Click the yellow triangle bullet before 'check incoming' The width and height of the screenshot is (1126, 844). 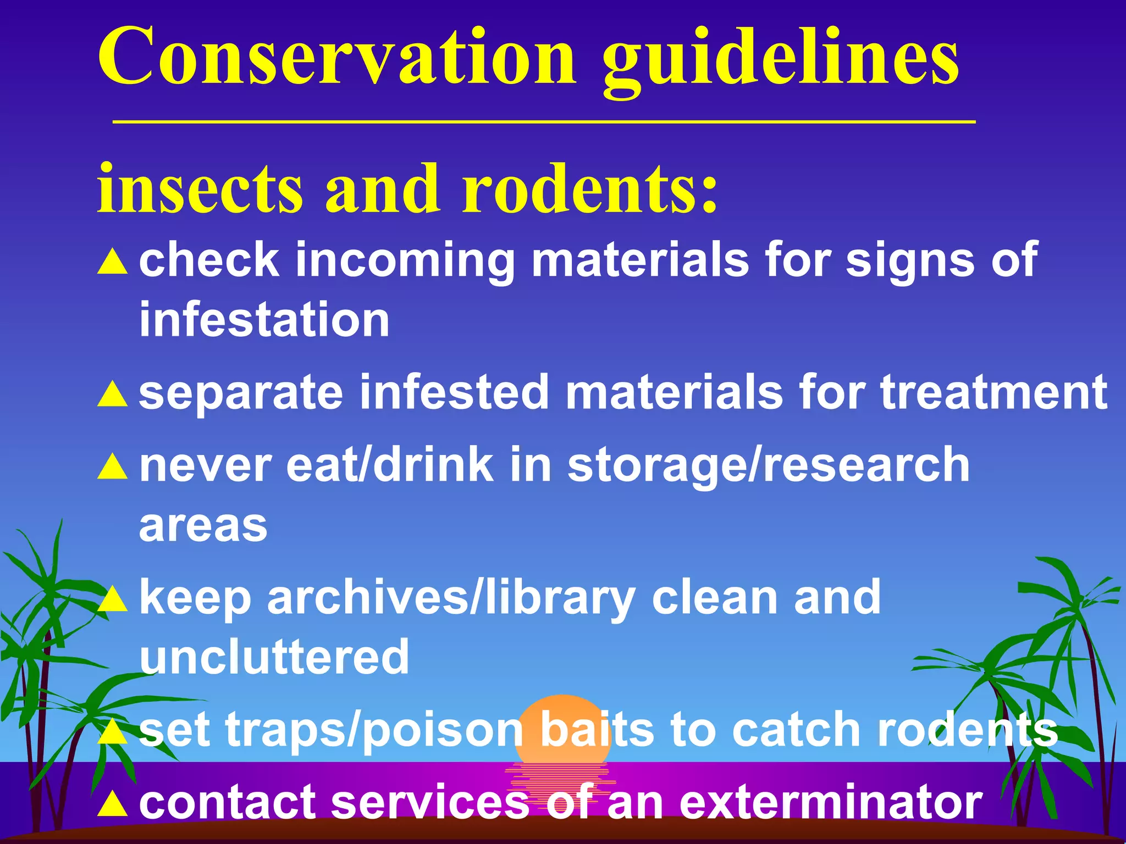coord(113,262)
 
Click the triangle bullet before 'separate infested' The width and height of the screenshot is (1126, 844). coord(113,393)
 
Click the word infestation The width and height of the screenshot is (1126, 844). coord(264,320)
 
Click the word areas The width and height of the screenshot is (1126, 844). coord(203,526)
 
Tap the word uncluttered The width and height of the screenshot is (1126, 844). coord(274,657)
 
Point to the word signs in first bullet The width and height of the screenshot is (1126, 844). coord(910,260)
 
